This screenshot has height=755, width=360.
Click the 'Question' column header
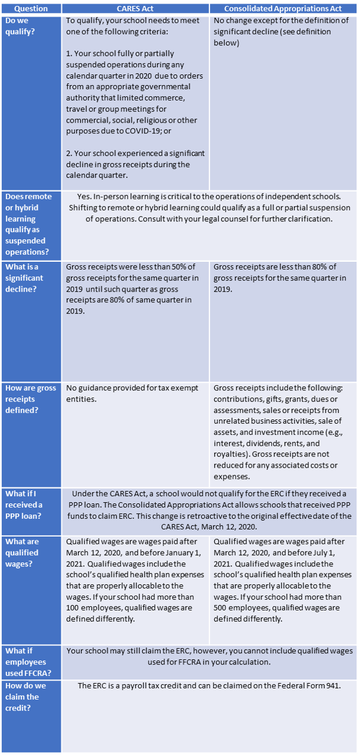pos(31,9)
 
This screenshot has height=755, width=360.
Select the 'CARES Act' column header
pos(135,9)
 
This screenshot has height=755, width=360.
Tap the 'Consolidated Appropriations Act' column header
pos(283,9)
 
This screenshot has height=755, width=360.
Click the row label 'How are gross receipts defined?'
pos(30,399)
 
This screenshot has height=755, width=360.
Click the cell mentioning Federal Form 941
pos(209,686)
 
